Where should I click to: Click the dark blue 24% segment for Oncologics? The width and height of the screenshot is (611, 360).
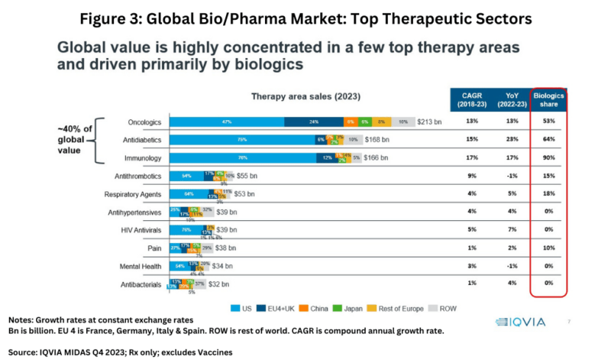pos(313,122)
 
